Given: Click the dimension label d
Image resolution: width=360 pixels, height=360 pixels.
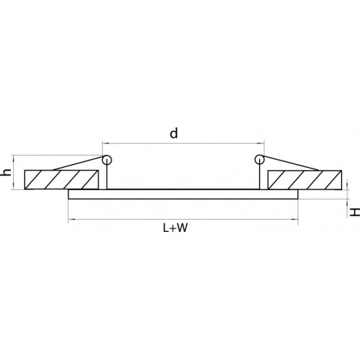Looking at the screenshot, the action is (174, 133).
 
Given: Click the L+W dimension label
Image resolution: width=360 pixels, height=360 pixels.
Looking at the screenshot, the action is (175, 228).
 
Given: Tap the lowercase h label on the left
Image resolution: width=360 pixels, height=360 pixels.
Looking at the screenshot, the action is (7, 172).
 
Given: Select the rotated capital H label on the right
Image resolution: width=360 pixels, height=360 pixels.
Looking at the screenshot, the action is (354, 212).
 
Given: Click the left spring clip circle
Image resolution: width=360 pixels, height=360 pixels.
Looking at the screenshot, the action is (107, 160).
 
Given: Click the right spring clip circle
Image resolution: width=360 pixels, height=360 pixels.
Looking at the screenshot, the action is (260, 159).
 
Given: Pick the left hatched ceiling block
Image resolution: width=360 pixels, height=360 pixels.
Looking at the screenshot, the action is (62, 179).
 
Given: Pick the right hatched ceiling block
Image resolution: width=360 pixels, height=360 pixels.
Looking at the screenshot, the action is (305, 180).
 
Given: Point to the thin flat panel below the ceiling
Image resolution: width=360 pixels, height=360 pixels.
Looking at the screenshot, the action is (183, 194).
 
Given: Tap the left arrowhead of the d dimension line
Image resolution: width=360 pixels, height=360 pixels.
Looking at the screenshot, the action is (104, 143).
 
